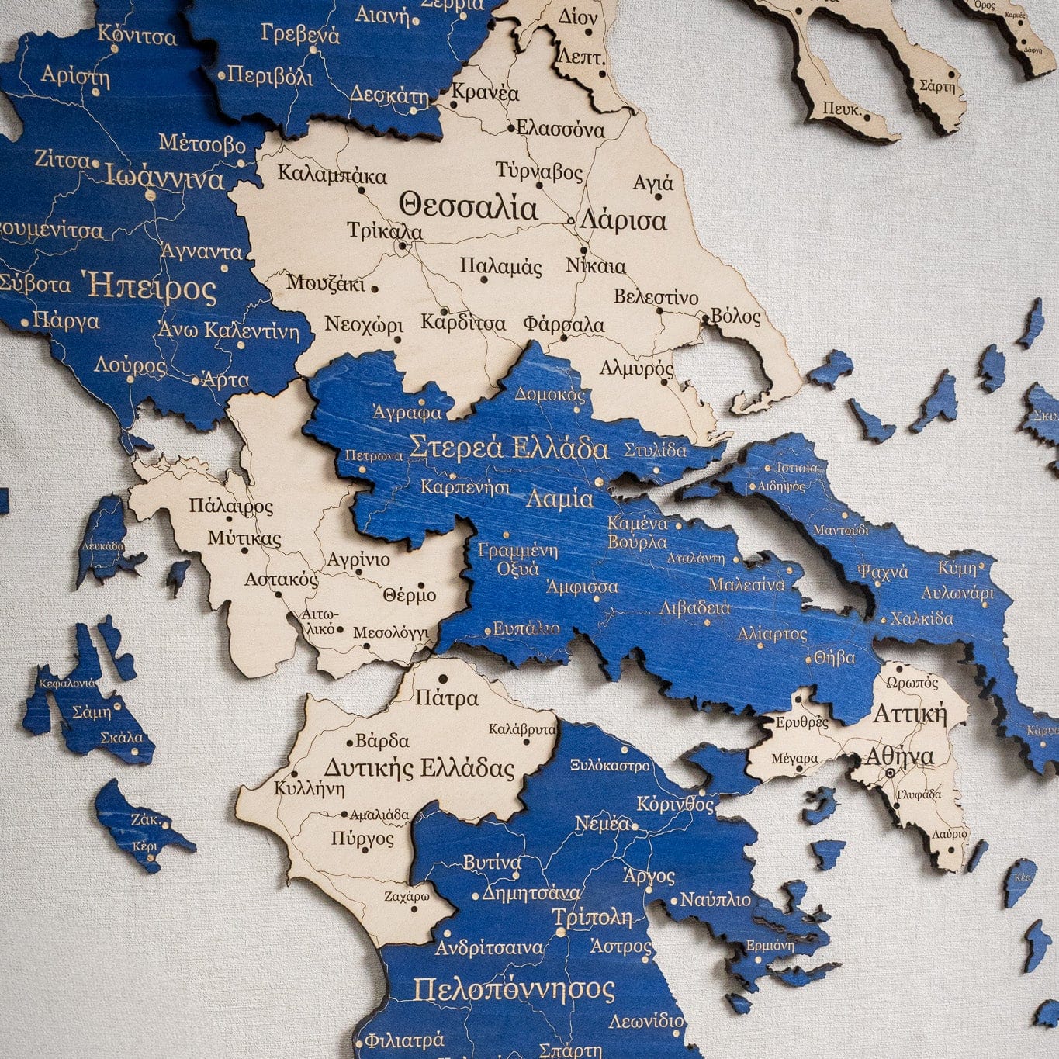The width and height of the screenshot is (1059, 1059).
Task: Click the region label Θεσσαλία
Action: pos(468,207)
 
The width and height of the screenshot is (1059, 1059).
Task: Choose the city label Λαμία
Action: pos(559,498)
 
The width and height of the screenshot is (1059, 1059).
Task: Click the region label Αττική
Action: pos(910,713)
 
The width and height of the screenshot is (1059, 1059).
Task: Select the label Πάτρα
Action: pos(446,698)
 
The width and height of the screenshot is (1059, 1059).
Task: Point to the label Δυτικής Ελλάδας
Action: pos(419,768)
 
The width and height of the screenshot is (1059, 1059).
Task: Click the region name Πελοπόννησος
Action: pos(514,989)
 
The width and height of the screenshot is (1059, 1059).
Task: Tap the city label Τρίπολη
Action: pos(593,917)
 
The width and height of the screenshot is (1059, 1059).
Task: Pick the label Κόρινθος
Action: pos(675,804)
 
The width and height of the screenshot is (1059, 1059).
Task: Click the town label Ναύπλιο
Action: pos(715,900)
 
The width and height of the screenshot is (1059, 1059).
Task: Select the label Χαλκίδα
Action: pos(922,619)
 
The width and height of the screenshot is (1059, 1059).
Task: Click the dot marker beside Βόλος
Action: pos(705,317)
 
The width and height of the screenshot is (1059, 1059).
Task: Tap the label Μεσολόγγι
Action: pos(390,633)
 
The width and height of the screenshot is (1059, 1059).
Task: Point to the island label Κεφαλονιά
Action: pos(67,684)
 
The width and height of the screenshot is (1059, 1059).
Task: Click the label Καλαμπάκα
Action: pos(332,175)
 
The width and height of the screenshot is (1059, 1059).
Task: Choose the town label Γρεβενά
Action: pos(300,34)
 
